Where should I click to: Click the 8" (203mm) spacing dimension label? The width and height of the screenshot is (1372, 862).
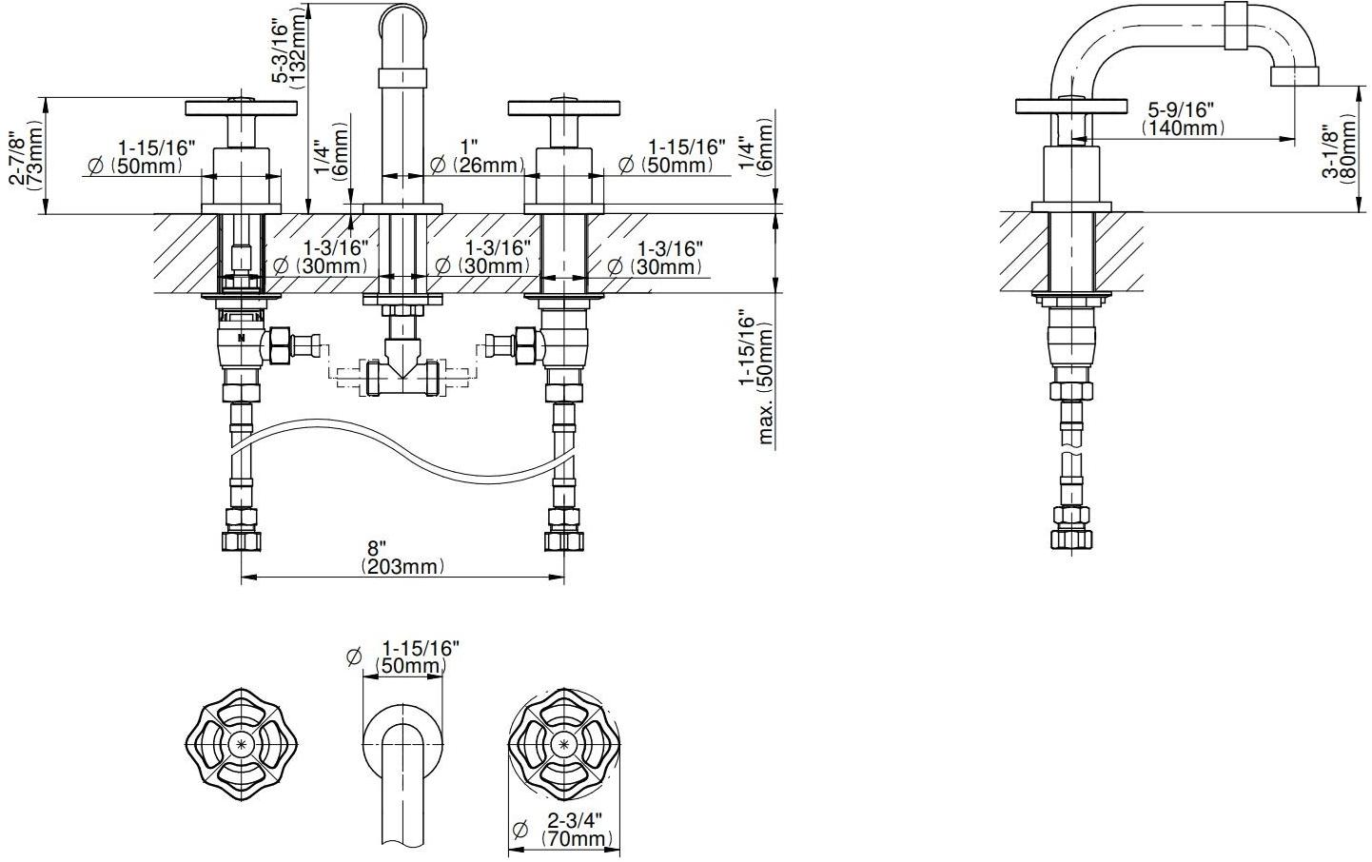click(402, 558)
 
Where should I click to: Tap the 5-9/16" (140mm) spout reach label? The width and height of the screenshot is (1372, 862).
click(1181, 118)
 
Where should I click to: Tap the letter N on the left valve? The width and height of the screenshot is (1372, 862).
click(241, 337)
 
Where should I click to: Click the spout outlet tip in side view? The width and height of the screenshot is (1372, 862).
click(1294, 75)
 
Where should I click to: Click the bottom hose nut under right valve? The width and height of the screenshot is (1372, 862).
click(564, 541)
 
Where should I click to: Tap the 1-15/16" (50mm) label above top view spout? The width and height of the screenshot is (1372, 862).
click(411, 657)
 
